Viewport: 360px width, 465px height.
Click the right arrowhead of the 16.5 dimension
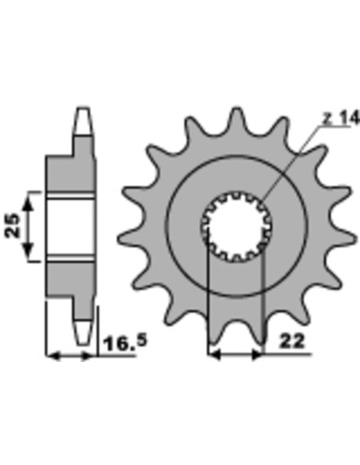click(90, 357)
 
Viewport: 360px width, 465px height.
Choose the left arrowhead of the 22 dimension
click(214, 357)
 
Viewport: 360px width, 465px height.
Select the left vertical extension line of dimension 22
click(209, 302)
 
